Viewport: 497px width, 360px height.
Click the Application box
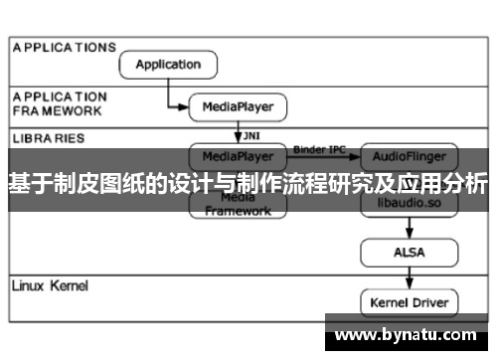point(167,65)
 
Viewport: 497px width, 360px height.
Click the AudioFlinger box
point(409,156)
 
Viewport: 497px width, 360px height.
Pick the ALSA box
point(409,253)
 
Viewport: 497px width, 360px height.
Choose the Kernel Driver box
point(409,301)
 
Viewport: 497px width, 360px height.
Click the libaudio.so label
point(409,204)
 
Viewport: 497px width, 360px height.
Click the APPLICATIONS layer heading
point(65,47)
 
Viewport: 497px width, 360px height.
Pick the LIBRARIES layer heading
point(49,137)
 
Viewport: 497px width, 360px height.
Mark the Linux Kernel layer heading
point(50,286)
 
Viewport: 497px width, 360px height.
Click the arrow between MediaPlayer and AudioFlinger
point(323,157)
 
